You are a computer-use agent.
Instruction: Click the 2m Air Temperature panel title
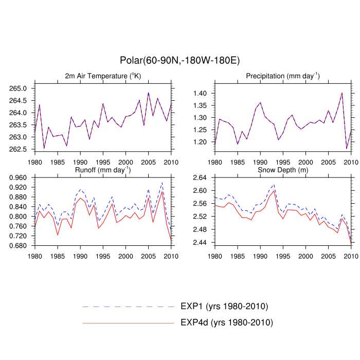(103, 76)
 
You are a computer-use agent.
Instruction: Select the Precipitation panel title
(282, 76)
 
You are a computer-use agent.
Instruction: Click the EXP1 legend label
(224, 307)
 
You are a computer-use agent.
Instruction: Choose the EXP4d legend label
(226, 322)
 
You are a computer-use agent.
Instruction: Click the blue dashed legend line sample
(129, 307)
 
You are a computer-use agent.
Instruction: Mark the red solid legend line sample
(129, 322)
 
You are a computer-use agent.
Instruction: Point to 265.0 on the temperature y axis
(23, 88)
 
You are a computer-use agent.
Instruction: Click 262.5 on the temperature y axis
(23, 149)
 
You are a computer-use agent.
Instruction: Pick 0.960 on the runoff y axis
(21, 177)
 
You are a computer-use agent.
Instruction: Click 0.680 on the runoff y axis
(21, 246)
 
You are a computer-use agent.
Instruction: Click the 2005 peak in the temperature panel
(148, 93)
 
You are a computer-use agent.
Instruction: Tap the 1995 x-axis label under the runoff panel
(103, 256)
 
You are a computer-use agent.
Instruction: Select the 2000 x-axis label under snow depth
(305, 256)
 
